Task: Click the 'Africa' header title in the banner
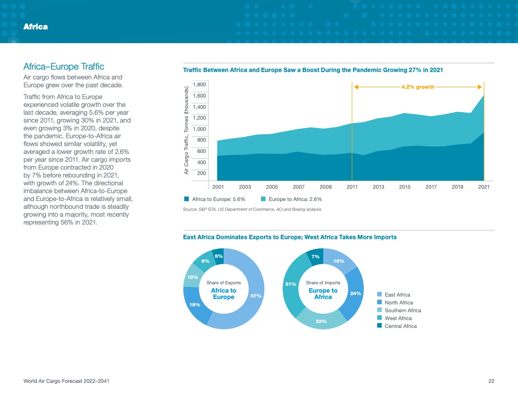point(35,26)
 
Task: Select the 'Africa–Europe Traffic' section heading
point(64,67)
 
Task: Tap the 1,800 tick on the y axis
point(199,85)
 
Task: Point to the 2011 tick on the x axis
point(352,187)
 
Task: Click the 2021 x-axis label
point(484,187)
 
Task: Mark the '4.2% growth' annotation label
point(418,87)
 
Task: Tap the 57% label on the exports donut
point(256,296)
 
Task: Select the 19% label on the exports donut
point(194,304)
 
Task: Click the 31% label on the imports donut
point(290,284)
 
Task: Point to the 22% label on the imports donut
point(321,321)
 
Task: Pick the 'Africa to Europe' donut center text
point(223,294)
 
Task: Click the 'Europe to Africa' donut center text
point(323,294)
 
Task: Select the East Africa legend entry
point(397,295)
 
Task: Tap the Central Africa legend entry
point(400,326)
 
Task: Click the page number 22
point(491,381)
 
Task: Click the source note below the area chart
point(252,209)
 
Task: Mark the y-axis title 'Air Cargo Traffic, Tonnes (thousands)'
point(186,130)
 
